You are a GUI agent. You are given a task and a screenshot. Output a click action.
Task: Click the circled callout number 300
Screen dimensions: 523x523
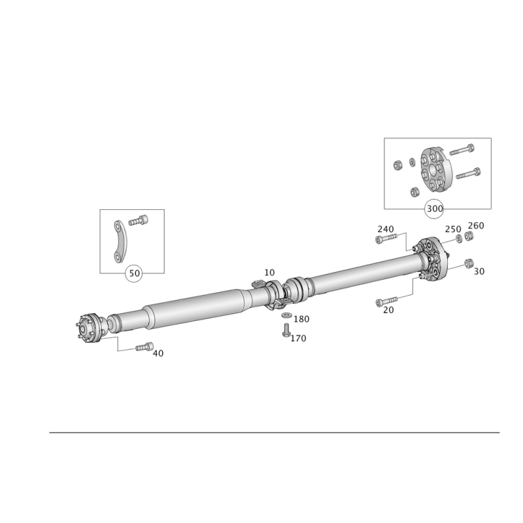pyautogui.click(x=435, y=209)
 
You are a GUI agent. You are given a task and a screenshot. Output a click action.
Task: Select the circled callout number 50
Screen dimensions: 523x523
pyautogui.click(x=134, y=273)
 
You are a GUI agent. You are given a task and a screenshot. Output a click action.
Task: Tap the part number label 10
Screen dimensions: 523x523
pyautogui.click(x=269, y=273)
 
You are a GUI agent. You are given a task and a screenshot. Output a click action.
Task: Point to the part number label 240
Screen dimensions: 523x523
pyautogui.click(x=386, y=229)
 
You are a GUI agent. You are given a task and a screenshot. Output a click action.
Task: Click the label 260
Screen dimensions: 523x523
pyautogui.click(x=476, y=226)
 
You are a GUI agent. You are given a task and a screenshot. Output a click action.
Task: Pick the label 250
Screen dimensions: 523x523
pyautogui.click(x=453, y=229)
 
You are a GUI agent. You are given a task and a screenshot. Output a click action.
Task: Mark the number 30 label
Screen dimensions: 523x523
pyautogui.click(x=479, y=271)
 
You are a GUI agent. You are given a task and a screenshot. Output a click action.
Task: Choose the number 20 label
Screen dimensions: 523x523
pyautogui.click(x=388, y=310)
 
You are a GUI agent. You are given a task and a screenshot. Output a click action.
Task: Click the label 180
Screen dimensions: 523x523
pyautogui.click(x=301, y=319)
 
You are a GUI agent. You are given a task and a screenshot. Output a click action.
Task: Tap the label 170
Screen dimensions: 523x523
pyautogui.click(x=298, y=339)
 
